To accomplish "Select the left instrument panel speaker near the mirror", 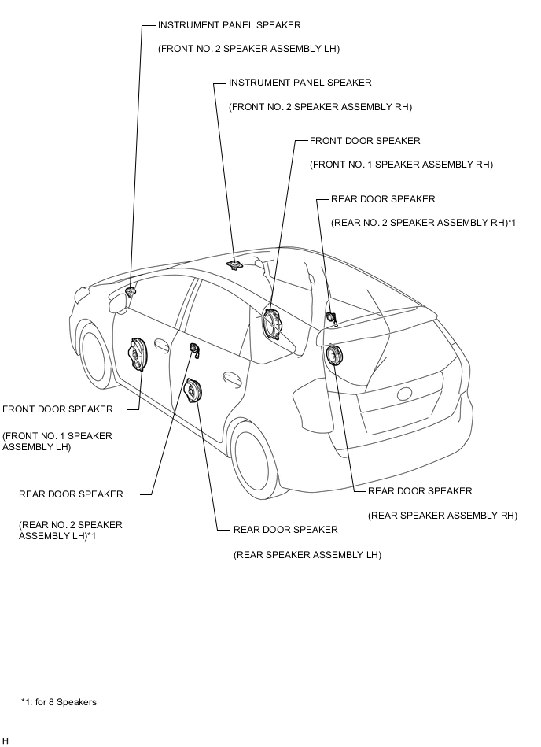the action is point(131,291).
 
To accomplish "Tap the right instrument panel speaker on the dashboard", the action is point(234,264).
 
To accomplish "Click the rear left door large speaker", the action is point(194,390).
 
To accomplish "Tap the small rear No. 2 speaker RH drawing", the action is point(331,316).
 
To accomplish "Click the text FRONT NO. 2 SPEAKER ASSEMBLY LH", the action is point(248,49).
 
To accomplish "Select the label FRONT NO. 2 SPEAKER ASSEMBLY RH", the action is point(320,107).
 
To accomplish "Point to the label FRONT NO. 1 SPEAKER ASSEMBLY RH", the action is point(402,165).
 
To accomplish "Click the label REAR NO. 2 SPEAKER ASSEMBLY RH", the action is point(424,223).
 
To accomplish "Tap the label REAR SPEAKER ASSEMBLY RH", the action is point(443,516).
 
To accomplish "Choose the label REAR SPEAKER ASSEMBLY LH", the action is point(307,554).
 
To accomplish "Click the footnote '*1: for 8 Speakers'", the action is point(59,702).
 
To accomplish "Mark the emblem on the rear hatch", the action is point(405,394).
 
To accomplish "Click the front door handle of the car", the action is point(161,346).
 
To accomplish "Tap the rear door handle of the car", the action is point(232,376).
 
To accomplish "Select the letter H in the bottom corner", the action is point(6,741).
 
